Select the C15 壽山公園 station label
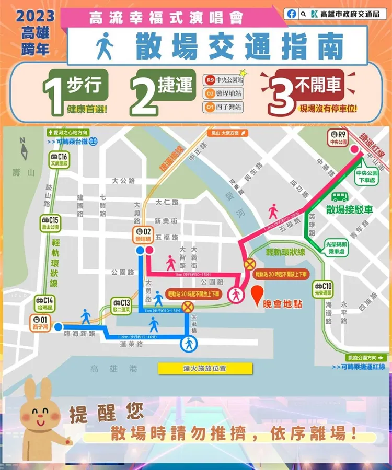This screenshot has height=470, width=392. coord(52,224)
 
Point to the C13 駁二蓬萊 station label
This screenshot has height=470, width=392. coord(121,304)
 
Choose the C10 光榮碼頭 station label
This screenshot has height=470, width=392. coord(323,289)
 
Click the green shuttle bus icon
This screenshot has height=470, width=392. coord(340,197)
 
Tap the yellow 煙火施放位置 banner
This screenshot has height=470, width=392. coord(205,368)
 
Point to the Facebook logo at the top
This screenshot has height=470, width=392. coord(292,14)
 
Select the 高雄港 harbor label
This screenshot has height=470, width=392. coord(113,369)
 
